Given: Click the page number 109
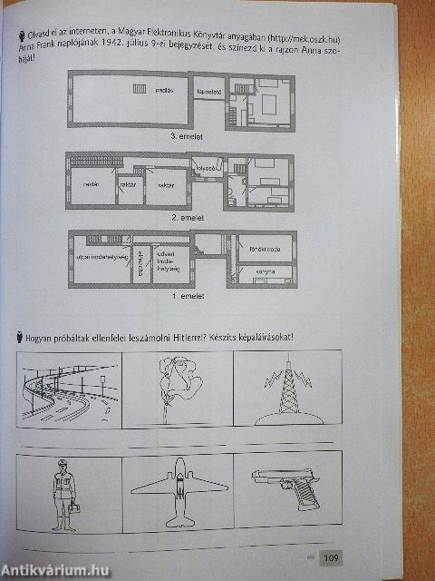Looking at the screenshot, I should [330, 558].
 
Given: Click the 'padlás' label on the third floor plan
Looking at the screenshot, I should [165, 91].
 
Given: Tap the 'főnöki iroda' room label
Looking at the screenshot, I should [266, 246].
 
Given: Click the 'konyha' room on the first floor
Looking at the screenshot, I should [266, 271].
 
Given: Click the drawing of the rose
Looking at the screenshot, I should [176, 385].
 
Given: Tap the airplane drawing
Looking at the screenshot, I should [179, 491].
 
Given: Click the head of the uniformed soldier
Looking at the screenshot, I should [63, 465].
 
